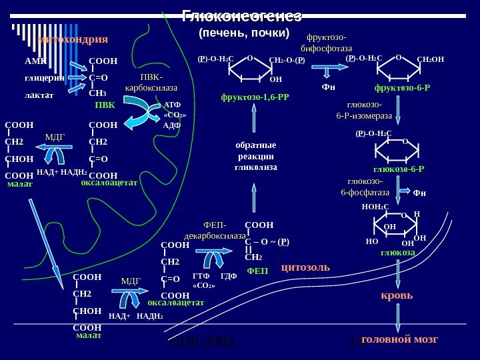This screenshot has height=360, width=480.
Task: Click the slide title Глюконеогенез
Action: coord(241,16)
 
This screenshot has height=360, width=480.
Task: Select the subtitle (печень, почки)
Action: coord(245,33)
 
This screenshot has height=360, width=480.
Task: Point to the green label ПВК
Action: coord(105,105)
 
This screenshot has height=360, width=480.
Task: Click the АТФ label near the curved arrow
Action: coord(172,105)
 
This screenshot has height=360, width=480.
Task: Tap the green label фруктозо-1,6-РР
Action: coord(259,97)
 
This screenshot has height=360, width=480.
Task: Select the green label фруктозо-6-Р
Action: coord(402,87)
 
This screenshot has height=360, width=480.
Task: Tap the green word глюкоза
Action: coord(398,253)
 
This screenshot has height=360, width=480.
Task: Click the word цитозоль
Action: coord(305,267)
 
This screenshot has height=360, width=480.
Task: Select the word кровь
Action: coord(397,295)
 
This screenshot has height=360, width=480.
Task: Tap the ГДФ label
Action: coord(228,276)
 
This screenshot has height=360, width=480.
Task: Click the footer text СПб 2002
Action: coord(201,343)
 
